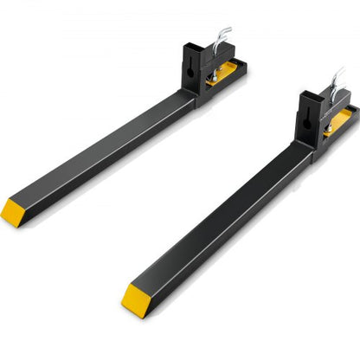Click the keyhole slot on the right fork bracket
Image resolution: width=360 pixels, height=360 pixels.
coord(307,119)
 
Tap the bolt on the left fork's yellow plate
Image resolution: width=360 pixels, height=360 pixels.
coord(213,78)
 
